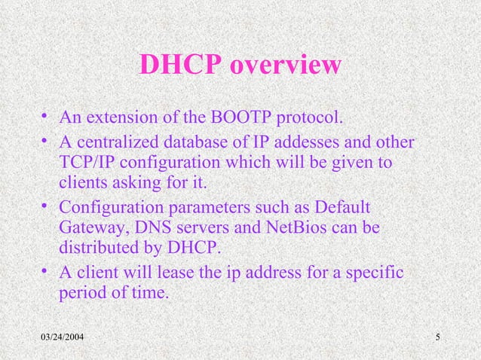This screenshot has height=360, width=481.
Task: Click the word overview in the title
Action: [x=285, y=66]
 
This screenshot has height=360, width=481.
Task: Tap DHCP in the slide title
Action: [x=180, y=66]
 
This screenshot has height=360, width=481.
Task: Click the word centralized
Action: [x=114, y=144]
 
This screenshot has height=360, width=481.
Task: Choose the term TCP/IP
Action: [x=84, y=163]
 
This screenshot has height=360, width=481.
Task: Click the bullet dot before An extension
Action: [x=46, y=118]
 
